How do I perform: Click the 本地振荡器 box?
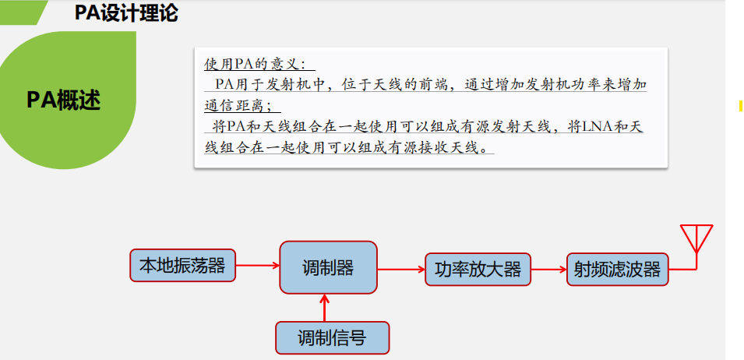click(x=182, y=266)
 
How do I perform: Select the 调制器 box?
click(x=328, y=267)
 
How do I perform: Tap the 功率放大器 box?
click(x=478, y=270)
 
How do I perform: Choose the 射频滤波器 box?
click(x=617, y=270)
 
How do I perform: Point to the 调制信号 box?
click(x=332, y=337)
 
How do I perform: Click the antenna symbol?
click(x=696, y=238)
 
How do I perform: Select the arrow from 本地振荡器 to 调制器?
click(x=257, y=266)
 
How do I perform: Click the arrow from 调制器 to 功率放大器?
click(x=400, y=270)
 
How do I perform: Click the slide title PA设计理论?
click(x=126, y=12)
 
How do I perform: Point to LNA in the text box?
click(x=598, y=126)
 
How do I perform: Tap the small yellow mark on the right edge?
click(x=739, y=106)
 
